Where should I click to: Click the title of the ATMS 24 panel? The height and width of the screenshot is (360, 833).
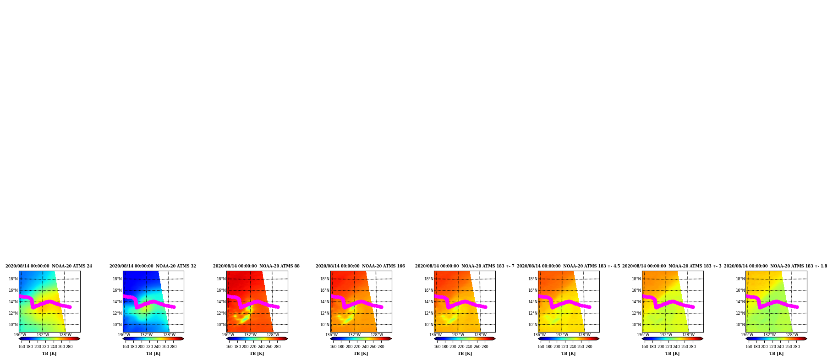click(x=49, y=266)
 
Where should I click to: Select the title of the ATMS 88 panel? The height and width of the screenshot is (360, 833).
click(x=256, y=266)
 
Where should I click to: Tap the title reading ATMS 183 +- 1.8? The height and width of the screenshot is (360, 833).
click(x=775, y=266)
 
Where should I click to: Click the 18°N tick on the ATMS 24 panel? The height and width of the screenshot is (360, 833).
click(x=13, y=279)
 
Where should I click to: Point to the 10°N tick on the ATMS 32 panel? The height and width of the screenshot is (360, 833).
click(x=117, y=325)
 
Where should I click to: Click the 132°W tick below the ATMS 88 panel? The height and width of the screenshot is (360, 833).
click(x=250, y=335)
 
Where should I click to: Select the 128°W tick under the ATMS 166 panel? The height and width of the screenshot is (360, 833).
click(x=377, y=335)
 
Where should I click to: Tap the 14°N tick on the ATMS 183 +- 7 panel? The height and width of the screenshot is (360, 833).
click(x=428, y=302)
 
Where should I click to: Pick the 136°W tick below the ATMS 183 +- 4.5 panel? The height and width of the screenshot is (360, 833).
click(x=539, y=335)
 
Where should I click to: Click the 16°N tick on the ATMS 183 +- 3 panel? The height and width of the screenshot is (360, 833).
click(x=636, y=290)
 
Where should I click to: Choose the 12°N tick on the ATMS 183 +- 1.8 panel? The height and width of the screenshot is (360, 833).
click(x=740, y=313)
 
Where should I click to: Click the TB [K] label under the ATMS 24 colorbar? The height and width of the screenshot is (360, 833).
click(x=49, y=354)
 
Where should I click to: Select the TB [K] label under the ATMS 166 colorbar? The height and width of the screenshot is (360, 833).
click(x=361, y=354)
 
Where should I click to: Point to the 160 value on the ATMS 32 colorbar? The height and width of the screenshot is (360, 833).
click(x=126, y=347)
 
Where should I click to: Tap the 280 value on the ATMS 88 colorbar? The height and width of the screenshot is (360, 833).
click(x=277, y=347)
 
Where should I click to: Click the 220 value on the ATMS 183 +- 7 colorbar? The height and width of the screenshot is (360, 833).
click(x=461, y=347)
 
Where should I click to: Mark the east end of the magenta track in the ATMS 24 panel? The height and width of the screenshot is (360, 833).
click(x=70, y=307)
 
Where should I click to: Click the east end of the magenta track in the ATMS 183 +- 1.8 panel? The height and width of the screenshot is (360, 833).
click(x=797, y=307)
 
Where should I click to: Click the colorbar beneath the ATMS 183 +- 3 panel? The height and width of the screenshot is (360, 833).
click(x=673, y=339)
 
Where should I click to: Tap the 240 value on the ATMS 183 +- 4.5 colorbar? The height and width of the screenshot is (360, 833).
click(x=573, y=347)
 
